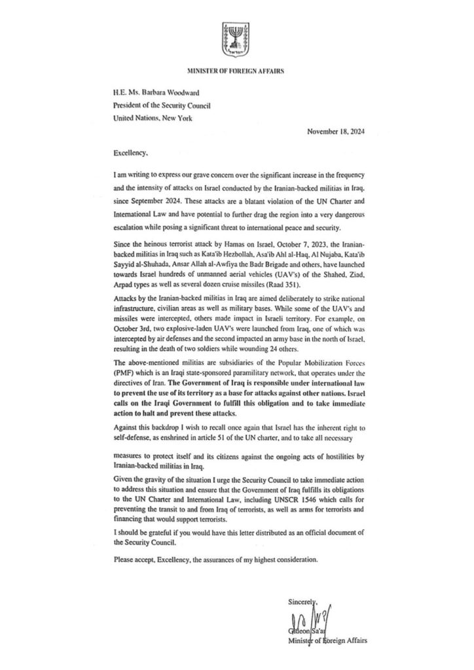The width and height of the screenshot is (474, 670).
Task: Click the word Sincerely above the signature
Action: tap(301, 601)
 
